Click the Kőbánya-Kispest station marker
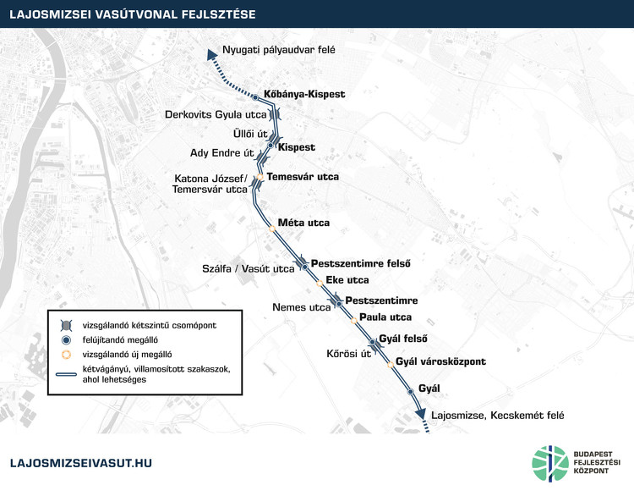(255, 97)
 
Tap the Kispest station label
(297, 147)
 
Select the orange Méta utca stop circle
(272, 229)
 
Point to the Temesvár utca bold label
(303, 177)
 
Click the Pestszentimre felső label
(361, 263)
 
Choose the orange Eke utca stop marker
(320, 283)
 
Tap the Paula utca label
(385, 317)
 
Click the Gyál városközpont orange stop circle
(391, 365)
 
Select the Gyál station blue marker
(410, 392)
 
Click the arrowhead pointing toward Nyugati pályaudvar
(211, 55)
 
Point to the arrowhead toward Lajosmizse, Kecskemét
(420, 413)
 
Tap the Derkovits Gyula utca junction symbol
(275, 114)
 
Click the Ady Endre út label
(222, 153)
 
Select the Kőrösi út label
(348, 354)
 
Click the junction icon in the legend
(66, 326)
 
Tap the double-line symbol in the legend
(66, 374)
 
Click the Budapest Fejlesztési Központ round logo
(550, 464)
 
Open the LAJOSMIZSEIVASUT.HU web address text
(81, 463)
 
